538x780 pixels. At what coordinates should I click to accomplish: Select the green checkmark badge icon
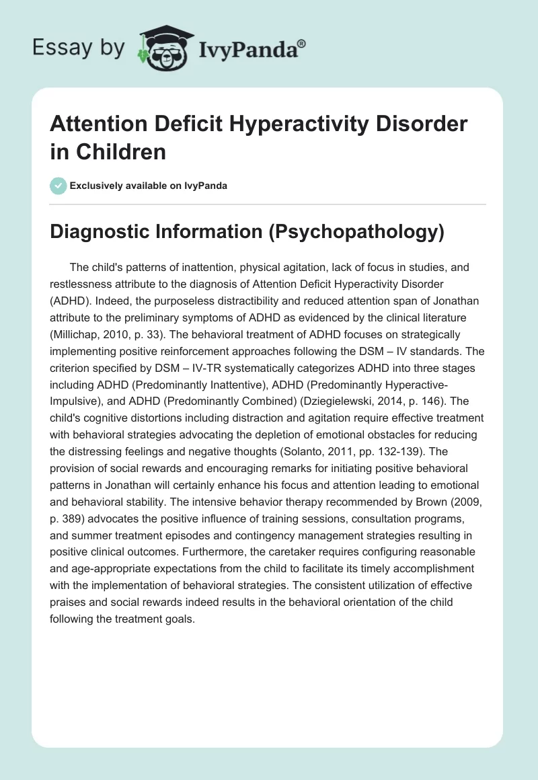[58, 186]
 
